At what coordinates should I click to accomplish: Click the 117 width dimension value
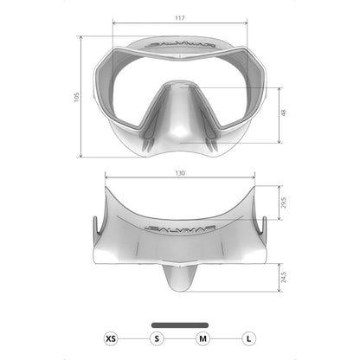[x=180, y=18]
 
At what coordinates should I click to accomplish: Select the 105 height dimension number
[x=76, y=97]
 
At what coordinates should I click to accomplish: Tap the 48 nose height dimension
[x=283, y=112]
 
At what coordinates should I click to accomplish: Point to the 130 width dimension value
[x=180, y=173]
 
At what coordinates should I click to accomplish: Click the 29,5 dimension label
[x=284, y=202]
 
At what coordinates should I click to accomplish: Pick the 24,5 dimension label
[x=284, y=277]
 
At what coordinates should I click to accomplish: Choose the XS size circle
[x=111, y=338]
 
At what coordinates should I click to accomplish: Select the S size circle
[x=157, y=338]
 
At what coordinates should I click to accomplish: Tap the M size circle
[x=202, y=338]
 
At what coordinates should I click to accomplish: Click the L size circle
[x=248, y=338]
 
